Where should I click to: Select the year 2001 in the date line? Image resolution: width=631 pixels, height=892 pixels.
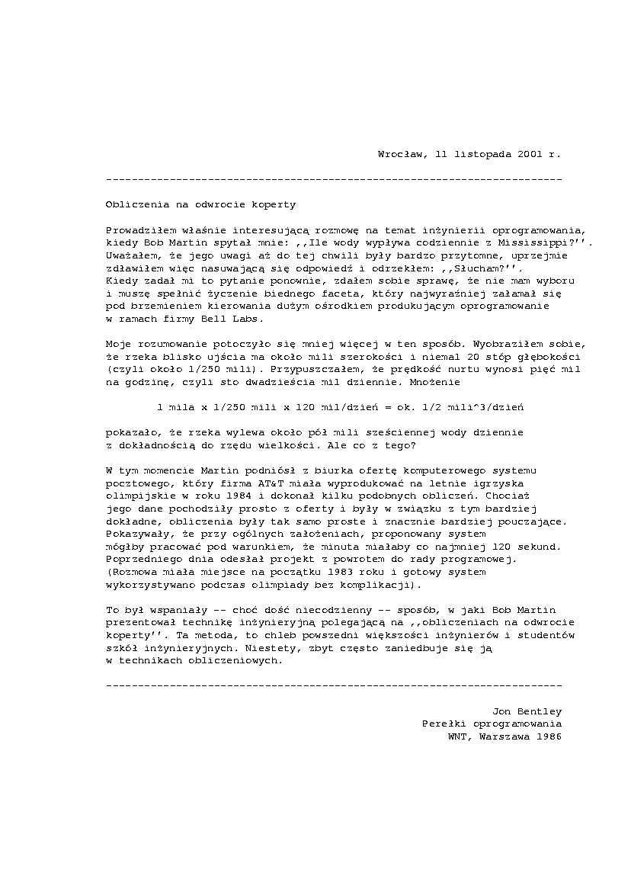pos(530,153)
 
